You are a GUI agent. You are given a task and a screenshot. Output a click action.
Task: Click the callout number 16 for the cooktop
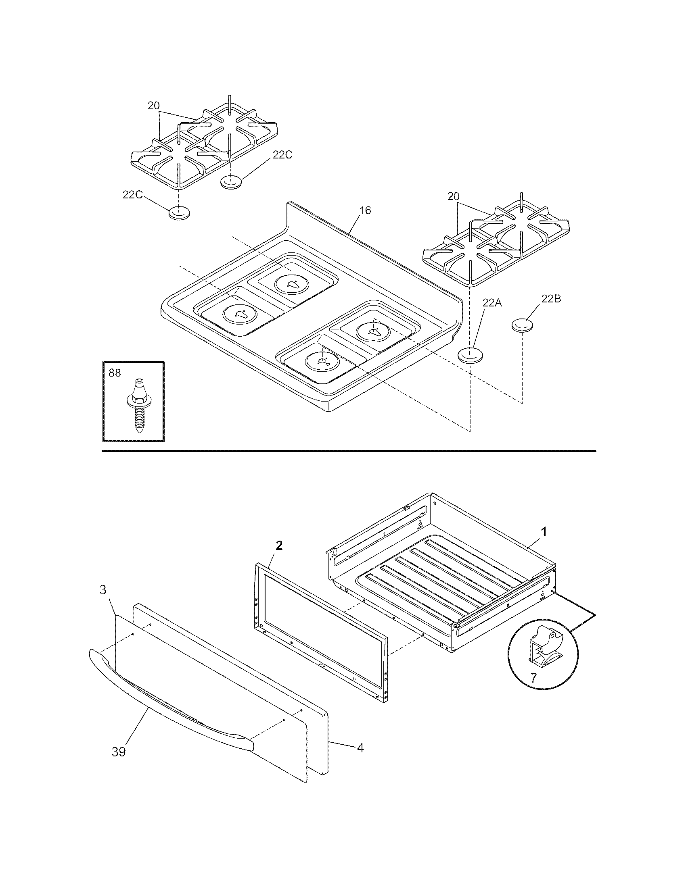365,210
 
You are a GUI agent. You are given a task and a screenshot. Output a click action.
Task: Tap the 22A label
492,302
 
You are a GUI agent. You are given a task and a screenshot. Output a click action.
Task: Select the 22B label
551,298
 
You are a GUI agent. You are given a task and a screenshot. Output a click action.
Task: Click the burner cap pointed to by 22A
470,354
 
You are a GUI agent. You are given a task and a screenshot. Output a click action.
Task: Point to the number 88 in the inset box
115,373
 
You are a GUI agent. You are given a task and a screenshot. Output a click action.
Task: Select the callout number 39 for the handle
119,752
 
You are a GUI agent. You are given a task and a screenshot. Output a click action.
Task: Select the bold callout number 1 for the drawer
544,531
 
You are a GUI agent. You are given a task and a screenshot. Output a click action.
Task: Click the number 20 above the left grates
153,106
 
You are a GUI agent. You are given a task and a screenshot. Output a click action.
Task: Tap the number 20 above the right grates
454,196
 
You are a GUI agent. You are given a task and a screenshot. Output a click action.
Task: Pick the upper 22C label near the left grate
282,155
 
